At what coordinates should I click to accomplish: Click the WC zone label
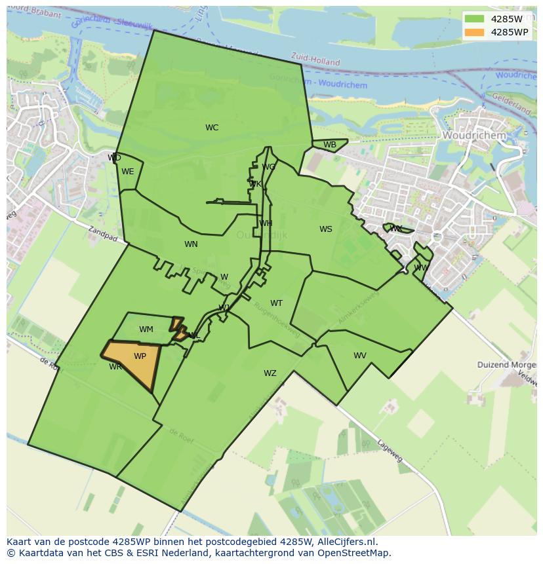(x=212, y=128)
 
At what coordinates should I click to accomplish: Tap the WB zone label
(x=330, y=145)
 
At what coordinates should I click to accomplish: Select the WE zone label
(x=128, y=172)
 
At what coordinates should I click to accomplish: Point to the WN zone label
(x=191, y=244)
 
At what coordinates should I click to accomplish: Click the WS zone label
(x=326, y=229)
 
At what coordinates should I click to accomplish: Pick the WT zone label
(x=277, y=303)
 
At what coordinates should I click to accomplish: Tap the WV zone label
(x=360, y=356)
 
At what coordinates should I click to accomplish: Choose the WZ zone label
(x=270, y=373)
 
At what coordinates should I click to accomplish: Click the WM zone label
(x=146, y=329)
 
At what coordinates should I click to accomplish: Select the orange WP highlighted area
(x=135, y=364)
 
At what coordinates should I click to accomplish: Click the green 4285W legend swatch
(x=474, y=19)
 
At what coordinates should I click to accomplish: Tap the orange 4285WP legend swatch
(x=474, y=32)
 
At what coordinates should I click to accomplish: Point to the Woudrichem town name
(x=474, y=136)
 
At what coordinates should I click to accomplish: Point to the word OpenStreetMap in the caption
(x=353, y=553)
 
